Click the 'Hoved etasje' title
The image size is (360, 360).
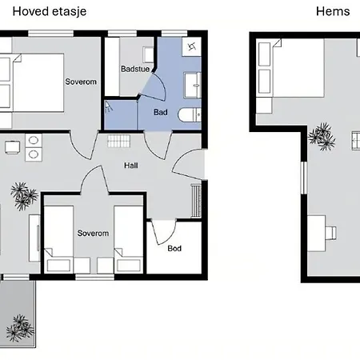(50, 12)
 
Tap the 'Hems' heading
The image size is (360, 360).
(333, 11)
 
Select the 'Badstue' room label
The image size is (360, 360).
(135, 69)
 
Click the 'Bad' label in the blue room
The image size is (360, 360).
(161, 112)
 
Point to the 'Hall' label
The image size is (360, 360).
(131, 166)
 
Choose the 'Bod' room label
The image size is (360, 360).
(174, 249)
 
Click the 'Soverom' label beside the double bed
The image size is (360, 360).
(81, 82)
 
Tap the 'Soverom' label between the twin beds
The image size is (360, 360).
(93, 234)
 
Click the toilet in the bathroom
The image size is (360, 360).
(190, 114)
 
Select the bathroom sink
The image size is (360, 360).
(193, 85)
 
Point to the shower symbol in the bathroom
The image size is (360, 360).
(108, 106)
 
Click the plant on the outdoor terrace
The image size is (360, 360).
(20, 328)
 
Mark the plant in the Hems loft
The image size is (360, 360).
(322, 136)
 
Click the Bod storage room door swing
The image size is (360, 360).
(163, 231)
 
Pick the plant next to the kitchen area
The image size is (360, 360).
(24, 196)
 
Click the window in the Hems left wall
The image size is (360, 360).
(304, 178)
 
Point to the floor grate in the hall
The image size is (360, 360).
(118, 141)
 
